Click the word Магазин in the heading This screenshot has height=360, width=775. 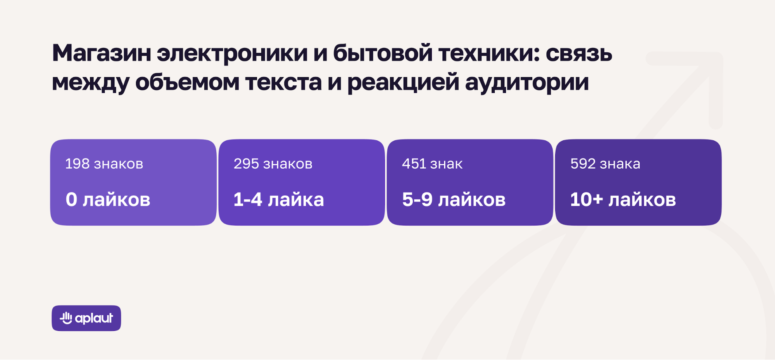pos(102,53)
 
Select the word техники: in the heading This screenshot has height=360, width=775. pos(489,53)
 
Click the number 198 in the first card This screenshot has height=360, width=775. pos(77,164)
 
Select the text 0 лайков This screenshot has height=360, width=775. pos(108,200)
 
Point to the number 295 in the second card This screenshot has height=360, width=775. pos(246,164)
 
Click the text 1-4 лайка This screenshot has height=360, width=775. pos(278,200)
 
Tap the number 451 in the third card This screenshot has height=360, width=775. pos(414,164)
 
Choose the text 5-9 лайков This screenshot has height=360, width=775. pos(454,200)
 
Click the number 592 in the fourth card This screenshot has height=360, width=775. pos(583,164)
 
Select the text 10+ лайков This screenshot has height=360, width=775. pos(623,200)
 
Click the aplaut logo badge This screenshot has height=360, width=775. pos(86,318)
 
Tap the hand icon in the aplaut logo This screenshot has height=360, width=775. pos(66,318)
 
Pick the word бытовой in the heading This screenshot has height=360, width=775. pos(383,53)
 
